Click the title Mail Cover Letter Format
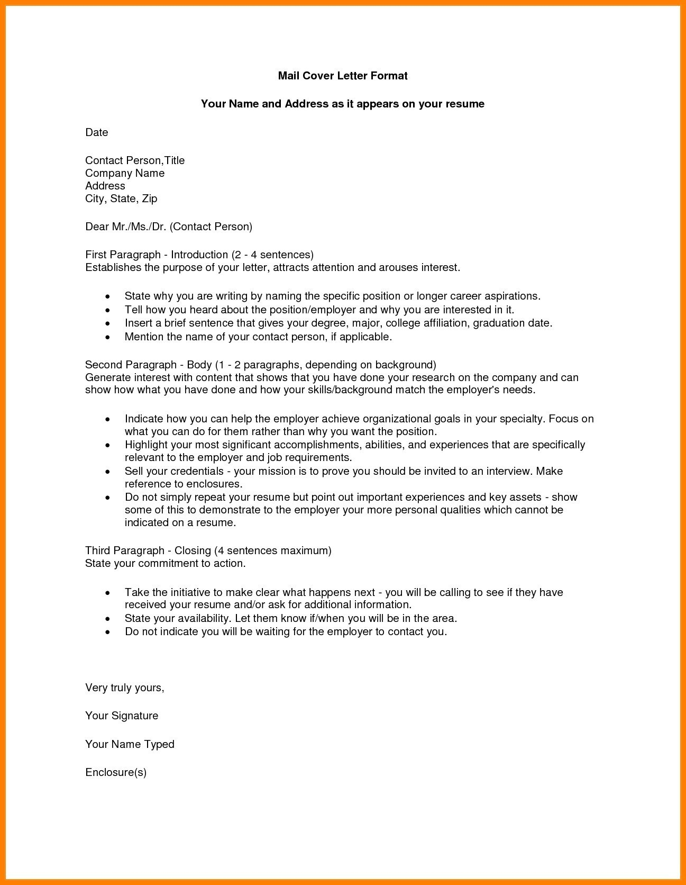point(343,76)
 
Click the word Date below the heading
point(97,132)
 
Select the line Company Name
point(125,173)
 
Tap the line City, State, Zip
point(121,198)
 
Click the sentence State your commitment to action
point(166,563)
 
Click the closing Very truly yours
point(125,688)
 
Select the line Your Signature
point(122,716)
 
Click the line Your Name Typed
point(130,744)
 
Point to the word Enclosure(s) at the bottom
point(116,772)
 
